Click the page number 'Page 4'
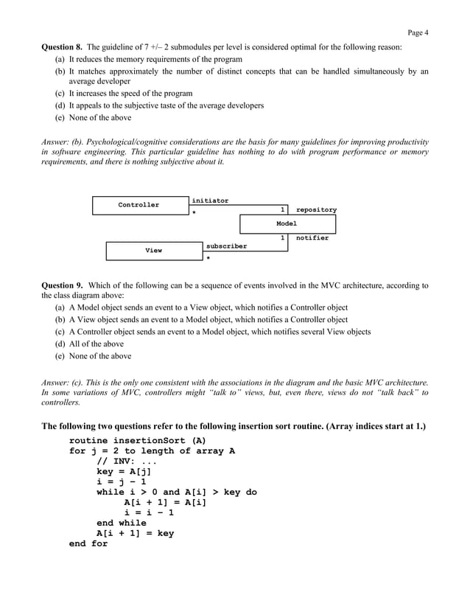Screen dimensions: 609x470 417,32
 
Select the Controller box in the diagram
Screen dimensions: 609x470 138,205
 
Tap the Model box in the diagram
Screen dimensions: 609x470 287,223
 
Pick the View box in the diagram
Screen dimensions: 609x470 153,251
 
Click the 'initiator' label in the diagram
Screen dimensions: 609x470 210,201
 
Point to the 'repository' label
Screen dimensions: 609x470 316,210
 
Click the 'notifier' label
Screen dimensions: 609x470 312,238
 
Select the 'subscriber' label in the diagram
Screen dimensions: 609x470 226,246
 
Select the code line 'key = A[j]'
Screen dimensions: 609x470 124,471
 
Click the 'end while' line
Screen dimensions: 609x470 122,523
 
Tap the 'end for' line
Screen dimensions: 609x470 88,543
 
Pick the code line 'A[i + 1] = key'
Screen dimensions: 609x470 136,533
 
